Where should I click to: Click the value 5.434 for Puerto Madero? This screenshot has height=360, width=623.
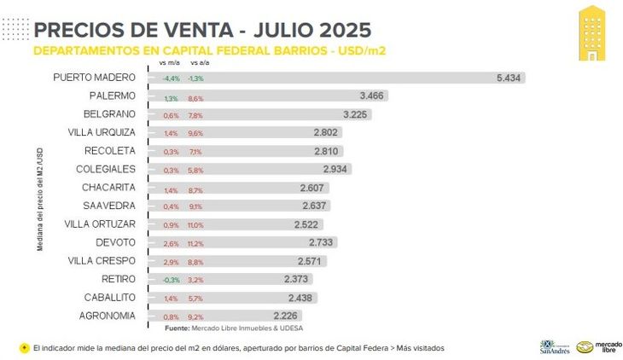[509, 78]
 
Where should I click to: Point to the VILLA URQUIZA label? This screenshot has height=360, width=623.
[102, 132]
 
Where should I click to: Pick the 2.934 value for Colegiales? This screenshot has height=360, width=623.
[335, 169]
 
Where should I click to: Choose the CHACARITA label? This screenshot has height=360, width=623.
[108, 187]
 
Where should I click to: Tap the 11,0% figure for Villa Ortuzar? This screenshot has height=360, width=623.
[195, 225]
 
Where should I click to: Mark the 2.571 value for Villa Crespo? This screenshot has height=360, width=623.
[309, 261]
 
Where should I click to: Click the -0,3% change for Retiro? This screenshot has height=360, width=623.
[171, 280]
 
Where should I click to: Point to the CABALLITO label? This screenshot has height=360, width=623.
[108, 298]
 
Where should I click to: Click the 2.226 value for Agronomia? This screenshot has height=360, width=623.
[286, 316]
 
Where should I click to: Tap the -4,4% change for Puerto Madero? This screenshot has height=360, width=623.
[171, 78]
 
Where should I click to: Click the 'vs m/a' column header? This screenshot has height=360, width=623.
[169, 63]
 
